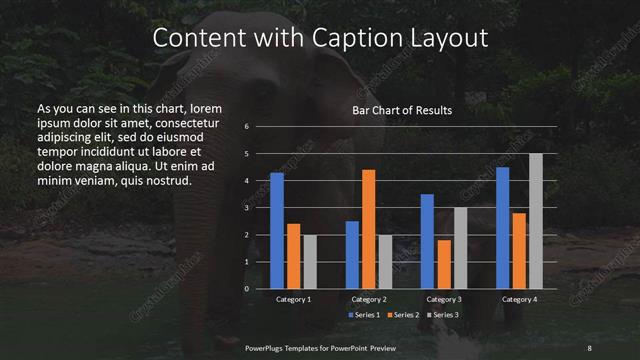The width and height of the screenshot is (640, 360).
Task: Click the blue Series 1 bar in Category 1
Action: tap(277, 231)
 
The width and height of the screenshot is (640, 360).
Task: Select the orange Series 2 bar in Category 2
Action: tap(369, 229)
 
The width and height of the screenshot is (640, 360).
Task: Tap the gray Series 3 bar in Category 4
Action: tap(536, 221)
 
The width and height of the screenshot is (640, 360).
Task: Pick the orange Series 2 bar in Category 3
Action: tap(445, 264)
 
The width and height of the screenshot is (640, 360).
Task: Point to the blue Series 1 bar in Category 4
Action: tap(503, 228)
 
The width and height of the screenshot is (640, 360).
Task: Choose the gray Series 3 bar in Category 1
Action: tap(310, 262)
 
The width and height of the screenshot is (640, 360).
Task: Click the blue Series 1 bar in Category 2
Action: tap(352, 255)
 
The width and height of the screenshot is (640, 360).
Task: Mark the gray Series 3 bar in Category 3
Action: tap(461, 248)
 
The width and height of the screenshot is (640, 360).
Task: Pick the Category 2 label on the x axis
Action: tap(369, 300)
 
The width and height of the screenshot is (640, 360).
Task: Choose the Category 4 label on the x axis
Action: tap(519, 300)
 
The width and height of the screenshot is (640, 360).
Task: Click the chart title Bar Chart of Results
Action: tap(403, 110)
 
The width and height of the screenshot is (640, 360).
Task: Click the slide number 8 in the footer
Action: tap(590, 346)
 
